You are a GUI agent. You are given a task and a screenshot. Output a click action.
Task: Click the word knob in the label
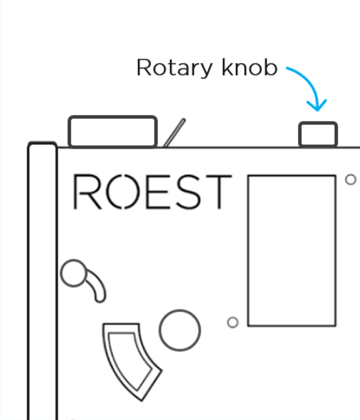point(250,68)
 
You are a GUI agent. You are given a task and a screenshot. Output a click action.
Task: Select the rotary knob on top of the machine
point(318,134)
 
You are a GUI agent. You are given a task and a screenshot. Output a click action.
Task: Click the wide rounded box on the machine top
point(113,131)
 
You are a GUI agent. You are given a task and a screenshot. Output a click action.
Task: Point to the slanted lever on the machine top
point(174,132)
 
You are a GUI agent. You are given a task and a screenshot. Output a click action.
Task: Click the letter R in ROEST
point(88,192)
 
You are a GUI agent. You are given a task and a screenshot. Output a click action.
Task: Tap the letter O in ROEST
point(126,192)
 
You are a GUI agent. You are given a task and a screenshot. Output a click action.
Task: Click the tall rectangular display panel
point(291,251)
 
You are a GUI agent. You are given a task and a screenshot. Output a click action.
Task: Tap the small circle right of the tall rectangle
point(350,180)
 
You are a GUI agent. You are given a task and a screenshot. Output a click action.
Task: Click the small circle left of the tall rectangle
point(233,322)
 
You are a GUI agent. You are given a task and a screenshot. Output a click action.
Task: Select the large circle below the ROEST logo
point(180,330)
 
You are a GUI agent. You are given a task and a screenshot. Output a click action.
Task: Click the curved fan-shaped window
point(131,358)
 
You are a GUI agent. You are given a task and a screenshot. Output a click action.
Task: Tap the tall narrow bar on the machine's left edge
point(43,281)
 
